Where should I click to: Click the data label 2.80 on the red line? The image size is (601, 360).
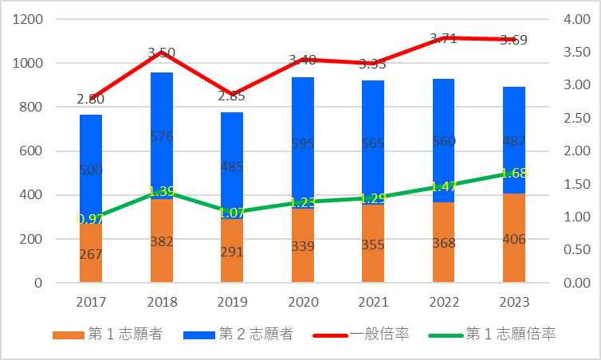click(91, 99)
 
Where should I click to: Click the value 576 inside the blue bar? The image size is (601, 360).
click(162, 136)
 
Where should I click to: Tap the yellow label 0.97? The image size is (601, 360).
click(91, 218)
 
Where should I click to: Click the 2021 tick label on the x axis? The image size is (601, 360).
click(373, 303)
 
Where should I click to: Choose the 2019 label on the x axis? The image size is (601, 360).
click(232, 303)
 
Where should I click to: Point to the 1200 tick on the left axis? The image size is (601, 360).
click(29, 19)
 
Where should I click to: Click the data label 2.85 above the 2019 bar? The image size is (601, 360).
click(232, 96)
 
